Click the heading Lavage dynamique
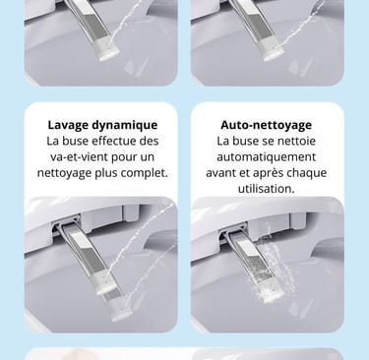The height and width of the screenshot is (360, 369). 102,125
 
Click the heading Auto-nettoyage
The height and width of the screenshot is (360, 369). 266,125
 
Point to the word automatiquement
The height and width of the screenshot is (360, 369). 266,156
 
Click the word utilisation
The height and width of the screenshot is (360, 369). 266,189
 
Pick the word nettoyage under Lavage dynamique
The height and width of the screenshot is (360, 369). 64,173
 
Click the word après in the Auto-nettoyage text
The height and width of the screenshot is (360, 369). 267,173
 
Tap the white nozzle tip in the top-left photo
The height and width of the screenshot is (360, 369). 109,54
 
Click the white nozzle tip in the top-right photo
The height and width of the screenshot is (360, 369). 273,54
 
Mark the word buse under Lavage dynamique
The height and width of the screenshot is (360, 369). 76,141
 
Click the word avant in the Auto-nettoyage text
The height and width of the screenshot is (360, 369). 221,173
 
